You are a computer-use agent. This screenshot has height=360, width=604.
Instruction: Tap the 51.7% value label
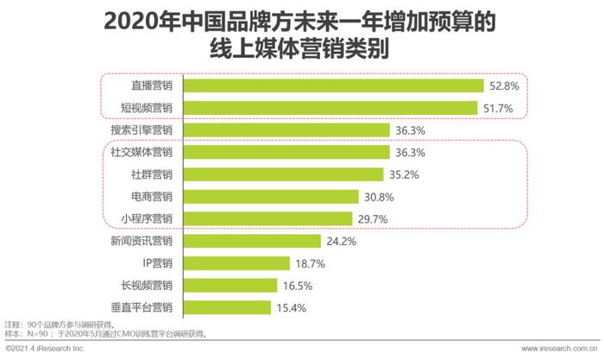(x=498, y=108)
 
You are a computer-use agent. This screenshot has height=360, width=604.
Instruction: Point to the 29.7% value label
(x=373, y=218)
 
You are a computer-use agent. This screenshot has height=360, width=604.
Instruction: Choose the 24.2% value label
(x=342, y=241)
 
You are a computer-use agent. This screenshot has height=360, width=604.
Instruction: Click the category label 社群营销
(x=151, y=174)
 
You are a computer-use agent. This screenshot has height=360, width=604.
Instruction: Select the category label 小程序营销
(x=146, y=218)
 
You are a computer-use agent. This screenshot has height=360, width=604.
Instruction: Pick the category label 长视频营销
(x=146, y=285)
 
